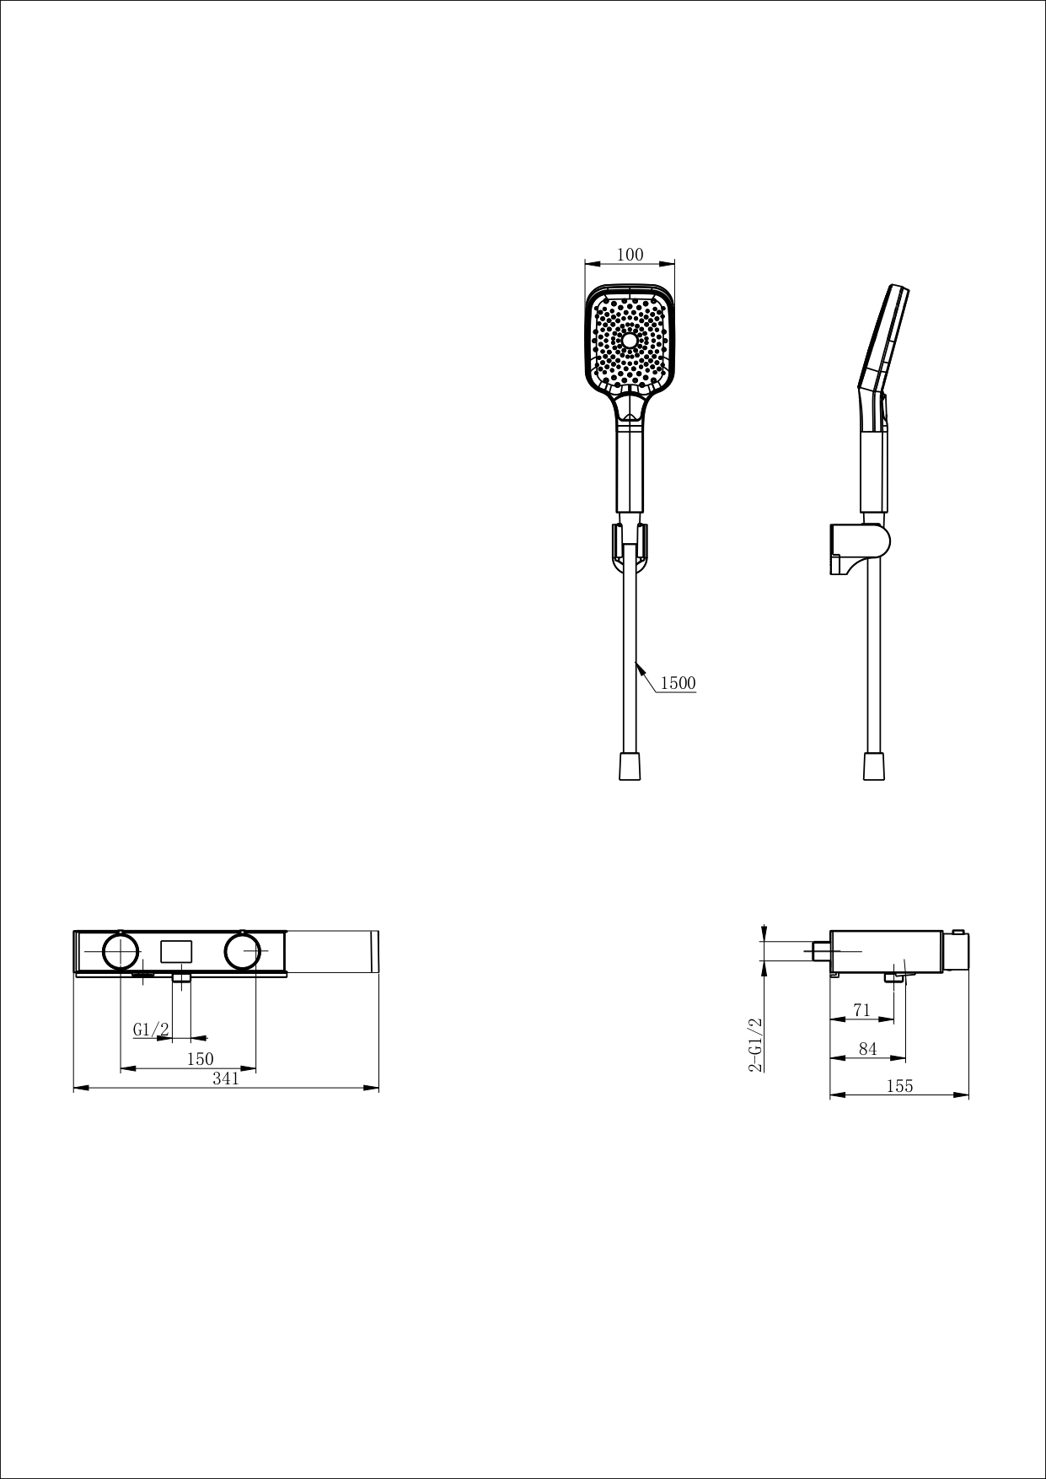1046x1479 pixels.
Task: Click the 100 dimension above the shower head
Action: coord(630,255)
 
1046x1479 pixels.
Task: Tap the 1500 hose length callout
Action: coord(678,683)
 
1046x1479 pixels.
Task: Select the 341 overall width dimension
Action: coord(226,1078)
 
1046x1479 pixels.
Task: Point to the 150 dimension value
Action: coord(200,1059)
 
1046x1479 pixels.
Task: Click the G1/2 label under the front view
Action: coord(152,1030)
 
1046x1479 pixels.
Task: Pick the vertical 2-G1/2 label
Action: coord(755,1044)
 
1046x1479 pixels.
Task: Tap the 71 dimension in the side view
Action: coord(861,1010)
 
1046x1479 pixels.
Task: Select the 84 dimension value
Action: coord(867,1049)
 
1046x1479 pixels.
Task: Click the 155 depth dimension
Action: coord(899,1086)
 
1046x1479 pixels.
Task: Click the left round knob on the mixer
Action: coord(121,951)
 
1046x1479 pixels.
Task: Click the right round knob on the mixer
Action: coord(243,951)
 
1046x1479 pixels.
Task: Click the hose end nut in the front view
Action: coord(630,766)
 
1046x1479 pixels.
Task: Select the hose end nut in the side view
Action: coord(874,766)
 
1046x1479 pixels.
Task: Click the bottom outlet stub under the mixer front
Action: coord(181,979)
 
